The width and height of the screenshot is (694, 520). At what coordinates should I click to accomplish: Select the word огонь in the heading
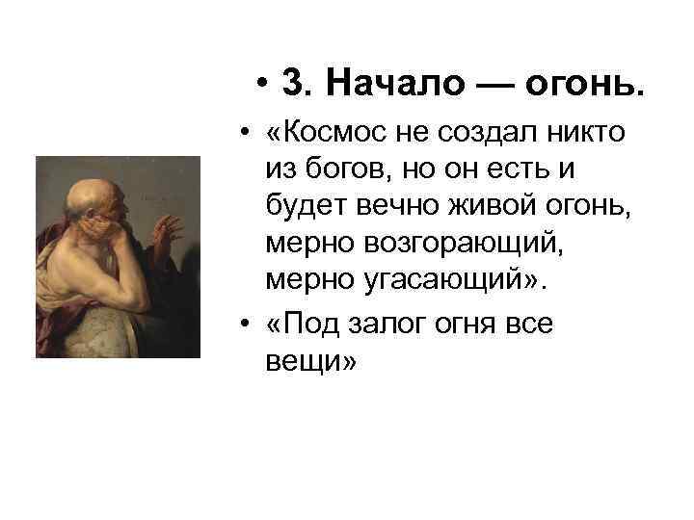click(x=582, y=85)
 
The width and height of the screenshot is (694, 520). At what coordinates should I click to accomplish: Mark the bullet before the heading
click(x=262, y=85)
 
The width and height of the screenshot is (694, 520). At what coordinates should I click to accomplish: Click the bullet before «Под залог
click(x=248, y=323)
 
